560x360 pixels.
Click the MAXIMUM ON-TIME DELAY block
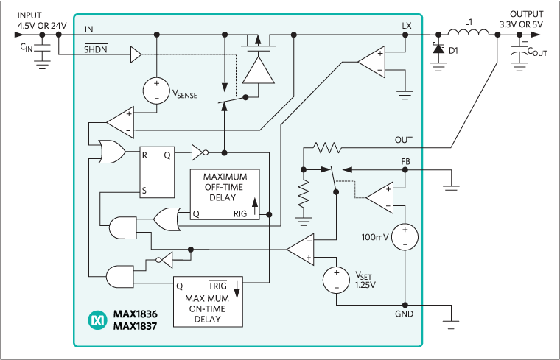click(x=207, y=300)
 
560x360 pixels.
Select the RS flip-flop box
click(x=157, y=172)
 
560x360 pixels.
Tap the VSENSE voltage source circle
click(x=156, y=89)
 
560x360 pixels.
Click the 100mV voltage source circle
click(x=405, y=236)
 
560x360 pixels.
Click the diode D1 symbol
click(x=440, y=50)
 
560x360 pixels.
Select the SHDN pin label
click(x=95, y=49)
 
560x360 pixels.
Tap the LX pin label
click(x=407, y=25)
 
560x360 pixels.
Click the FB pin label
click(x=405, y=161)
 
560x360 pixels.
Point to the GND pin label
click(x=404, y=314)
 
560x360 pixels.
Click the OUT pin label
click(x=404, y=139)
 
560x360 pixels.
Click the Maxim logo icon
click(x=98, y=320)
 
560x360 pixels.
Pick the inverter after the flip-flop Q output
click(x=200, y=153)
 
